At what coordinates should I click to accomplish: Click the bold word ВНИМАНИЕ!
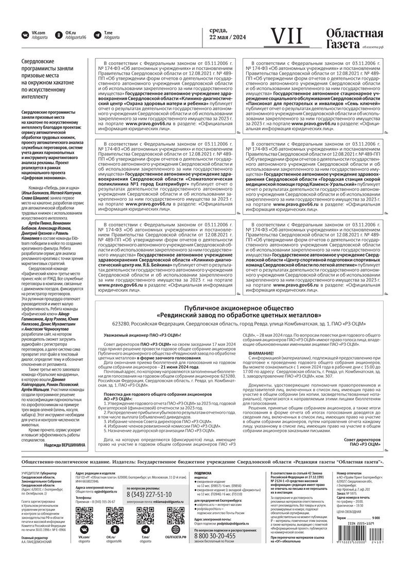coord(261,354)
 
